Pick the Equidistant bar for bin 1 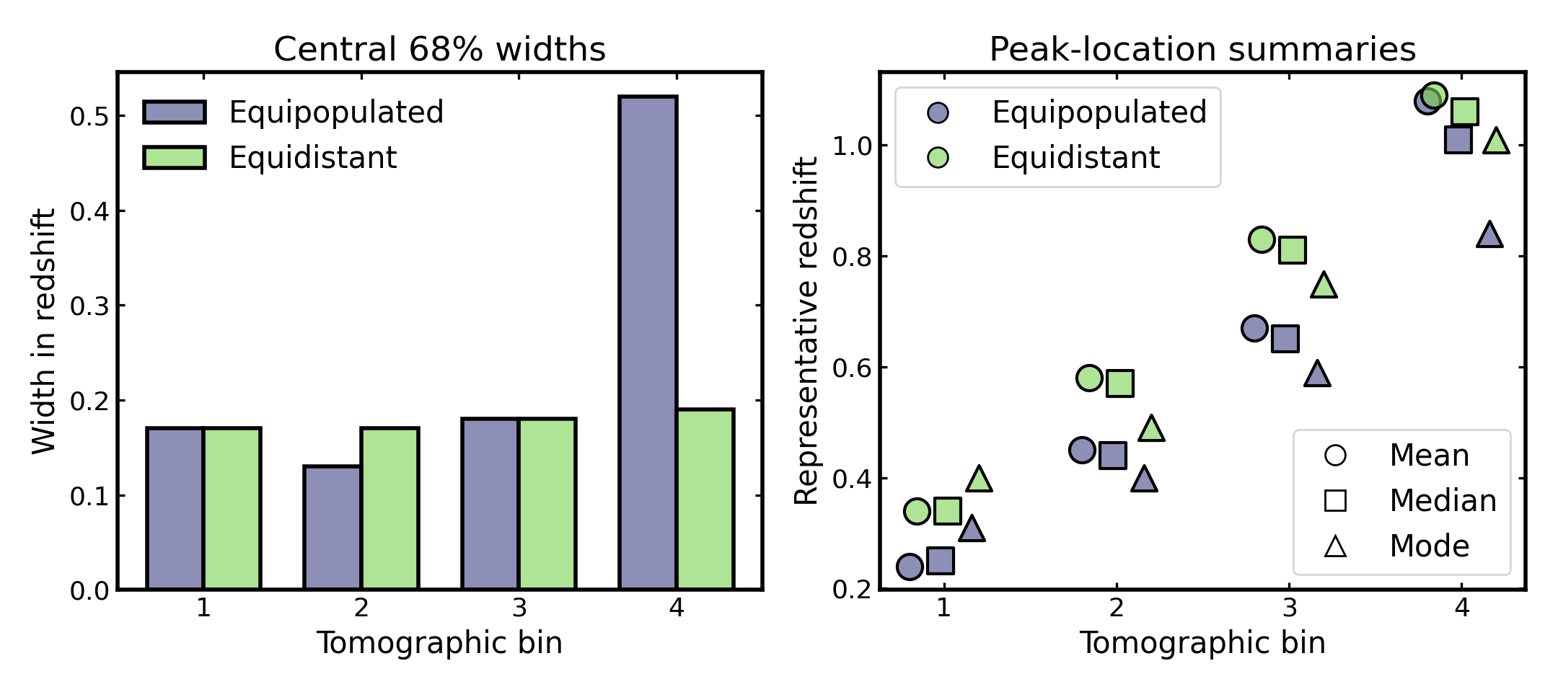point(232,508)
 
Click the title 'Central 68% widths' point(439,50)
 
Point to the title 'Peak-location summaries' point(1202,50)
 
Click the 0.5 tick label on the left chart point(89,117)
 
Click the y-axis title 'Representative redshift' point(806,332)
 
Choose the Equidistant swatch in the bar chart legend point(175,157)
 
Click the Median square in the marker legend point(1335,500)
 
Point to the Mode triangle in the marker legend point(1335,546)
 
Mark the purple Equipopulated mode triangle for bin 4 point(1489,235)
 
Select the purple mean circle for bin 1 point(910,567)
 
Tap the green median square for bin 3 point(1292,250)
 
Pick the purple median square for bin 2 point(1112,456)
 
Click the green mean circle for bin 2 point(1089,378)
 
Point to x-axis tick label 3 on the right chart point(1289,608)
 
